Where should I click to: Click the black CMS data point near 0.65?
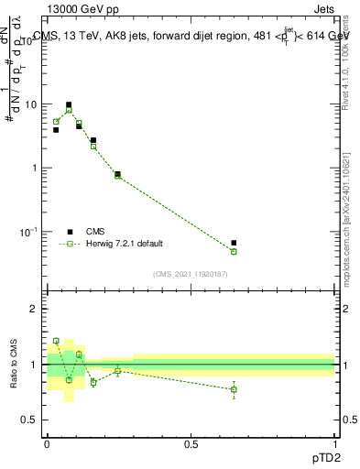[x=234, y=243]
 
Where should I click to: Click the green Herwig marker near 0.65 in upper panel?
[x=234, y=251]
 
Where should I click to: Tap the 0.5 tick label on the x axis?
[x=191, y=442]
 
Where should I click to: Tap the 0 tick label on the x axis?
[x=47, y=442]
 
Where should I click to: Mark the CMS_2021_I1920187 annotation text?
[x=191, y=274]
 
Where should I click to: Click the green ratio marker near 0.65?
[x=234, y=389]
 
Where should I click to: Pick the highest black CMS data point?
[x=69, y=105]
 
